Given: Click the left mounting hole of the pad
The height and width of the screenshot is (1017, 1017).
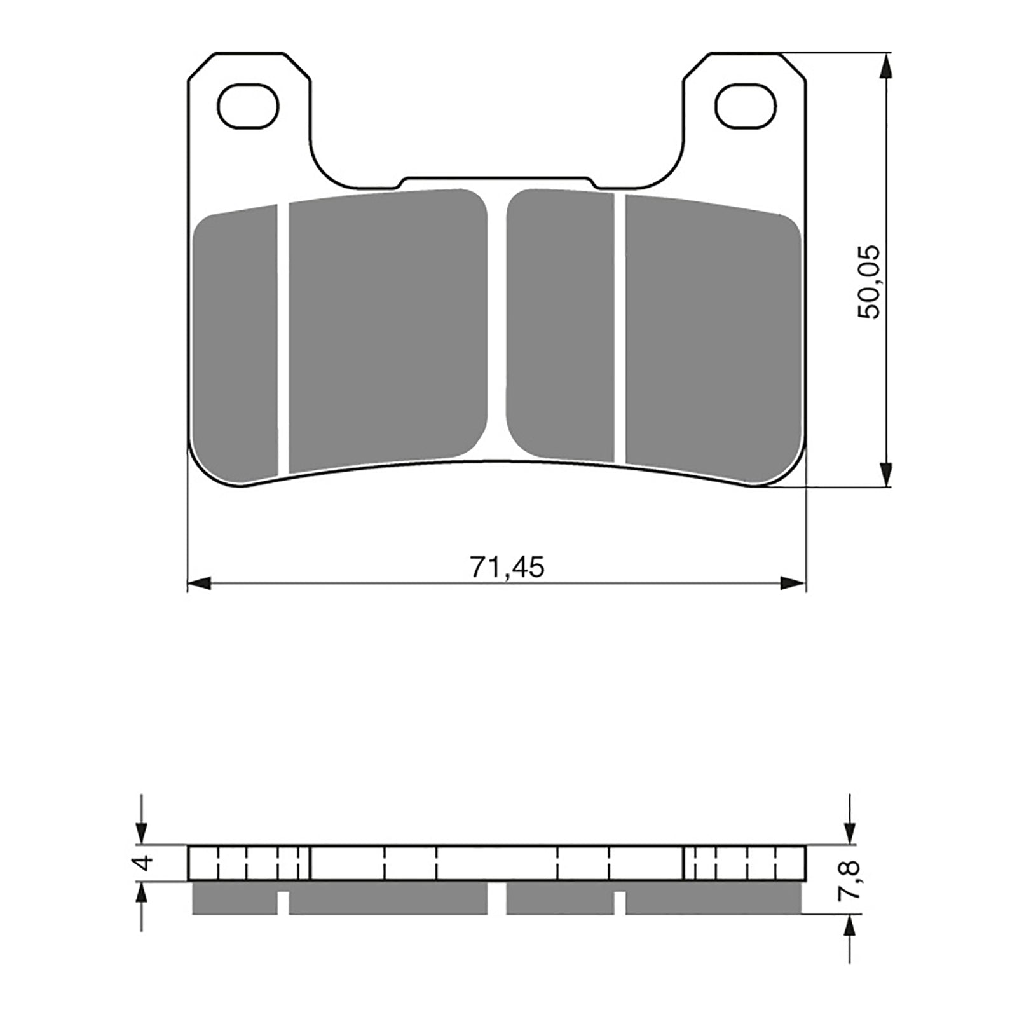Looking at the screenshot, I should [x=248, y=105].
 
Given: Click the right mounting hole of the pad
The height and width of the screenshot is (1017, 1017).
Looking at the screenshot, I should [x=745, y=105].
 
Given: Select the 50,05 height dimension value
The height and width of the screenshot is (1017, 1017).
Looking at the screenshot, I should [x=869, y=281].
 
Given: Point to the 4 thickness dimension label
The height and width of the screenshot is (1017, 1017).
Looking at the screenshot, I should [x=146, y=863].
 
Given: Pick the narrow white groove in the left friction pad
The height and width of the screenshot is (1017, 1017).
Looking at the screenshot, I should [x=283, y=340].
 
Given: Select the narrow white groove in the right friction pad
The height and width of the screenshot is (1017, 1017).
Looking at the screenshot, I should [x=620, y=327].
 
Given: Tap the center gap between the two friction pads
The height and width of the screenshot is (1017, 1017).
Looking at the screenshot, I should [x=497, y=324].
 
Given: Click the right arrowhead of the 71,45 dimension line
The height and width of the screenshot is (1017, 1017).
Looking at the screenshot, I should [x=795, y=583].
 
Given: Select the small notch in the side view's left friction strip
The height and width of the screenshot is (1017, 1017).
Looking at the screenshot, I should [x=283, y=903].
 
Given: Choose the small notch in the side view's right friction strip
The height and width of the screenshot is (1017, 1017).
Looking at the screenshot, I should [x=620, y=903].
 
